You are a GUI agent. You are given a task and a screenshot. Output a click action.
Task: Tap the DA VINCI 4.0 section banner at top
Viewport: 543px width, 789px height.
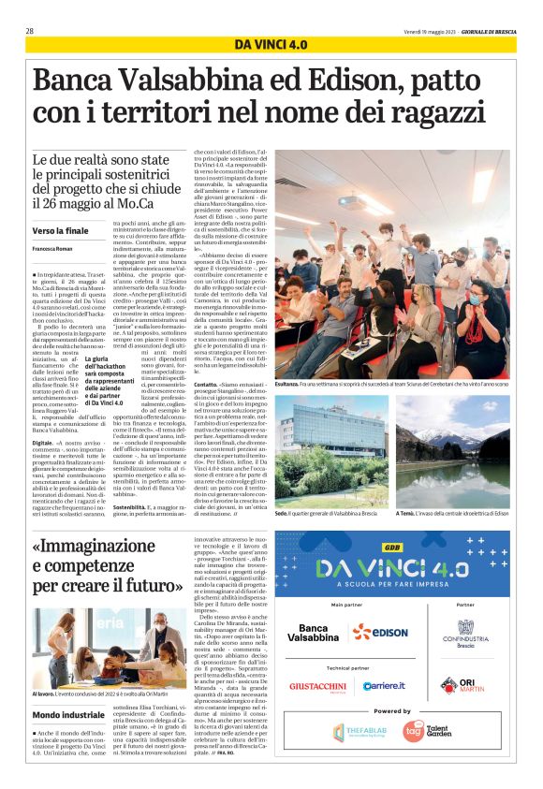(271, 44)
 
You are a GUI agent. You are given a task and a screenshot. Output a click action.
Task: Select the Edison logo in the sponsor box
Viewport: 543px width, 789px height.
(380, 632)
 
